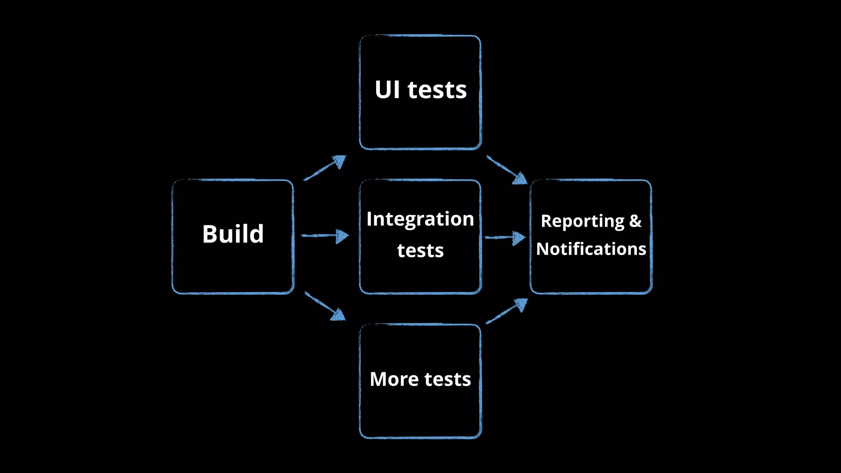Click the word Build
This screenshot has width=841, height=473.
click(x=233, y=234)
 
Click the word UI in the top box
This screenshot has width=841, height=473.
click(x=387, y=90)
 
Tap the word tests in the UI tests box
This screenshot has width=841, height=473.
click(x=437, y=90)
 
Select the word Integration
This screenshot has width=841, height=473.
click(x=420, y=219)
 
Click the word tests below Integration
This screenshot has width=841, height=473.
click(x=420, y=250)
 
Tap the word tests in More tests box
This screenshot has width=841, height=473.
click(x=447, y=379)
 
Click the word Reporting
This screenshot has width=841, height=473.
click(x=582, y=221)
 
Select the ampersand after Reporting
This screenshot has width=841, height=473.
click(x=635, y=221)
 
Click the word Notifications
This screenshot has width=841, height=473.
click(x=591, y=249)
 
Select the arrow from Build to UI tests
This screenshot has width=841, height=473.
click(x=325, y=168)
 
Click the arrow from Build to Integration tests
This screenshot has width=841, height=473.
click(x=324, y=236)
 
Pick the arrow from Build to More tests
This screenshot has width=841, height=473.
click(x=324, y=306)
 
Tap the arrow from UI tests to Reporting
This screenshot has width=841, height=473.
click(x=506, y=170)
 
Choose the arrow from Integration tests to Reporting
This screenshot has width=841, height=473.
click(x=505, y=237)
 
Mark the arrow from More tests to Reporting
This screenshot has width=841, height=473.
click(x=506, y=311)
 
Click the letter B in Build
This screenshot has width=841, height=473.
click(x=210, y=234)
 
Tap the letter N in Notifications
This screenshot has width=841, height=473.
click(x=544, y=249)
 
